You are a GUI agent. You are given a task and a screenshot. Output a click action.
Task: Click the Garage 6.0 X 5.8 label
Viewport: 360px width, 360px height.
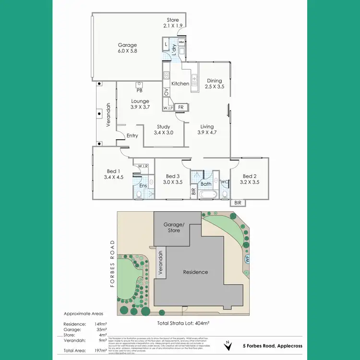point(127,48)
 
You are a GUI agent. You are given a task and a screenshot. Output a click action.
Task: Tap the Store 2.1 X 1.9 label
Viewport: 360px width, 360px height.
point(172,23)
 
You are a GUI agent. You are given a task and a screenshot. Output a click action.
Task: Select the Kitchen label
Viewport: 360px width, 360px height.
point(180,84)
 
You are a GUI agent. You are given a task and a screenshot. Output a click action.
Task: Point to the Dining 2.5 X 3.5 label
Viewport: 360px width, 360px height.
point(214,84)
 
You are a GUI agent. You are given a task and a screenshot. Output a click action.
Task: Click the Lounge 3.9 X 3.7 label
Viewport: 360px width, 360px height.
point(140,104)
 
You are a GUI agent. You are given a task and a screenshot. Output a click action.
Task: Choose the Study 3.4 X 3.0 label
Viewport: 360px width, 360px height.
point(163,130)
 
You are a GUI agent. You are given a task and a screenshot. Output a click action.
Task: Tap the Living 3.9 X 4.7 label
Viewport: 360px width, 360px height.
point(207,130)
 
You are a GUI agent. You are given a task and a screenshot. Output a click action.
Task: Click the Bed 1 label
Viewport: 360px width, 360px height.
point(113,174)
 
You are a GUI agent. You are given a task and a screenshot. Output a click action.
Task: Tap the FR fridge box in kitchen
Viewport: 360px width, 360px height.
point(181,107)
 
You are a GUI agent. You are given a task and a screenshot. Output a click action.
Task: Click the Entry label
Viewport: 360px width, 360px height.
point(132,136)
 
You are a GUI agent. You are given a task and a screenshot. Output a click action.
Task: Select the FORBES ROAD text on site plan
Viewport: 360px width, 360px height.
point(113,263)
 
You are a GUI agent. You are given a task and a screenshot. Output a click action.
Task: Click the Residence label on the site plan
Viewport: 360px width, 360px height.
point(196,272)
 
